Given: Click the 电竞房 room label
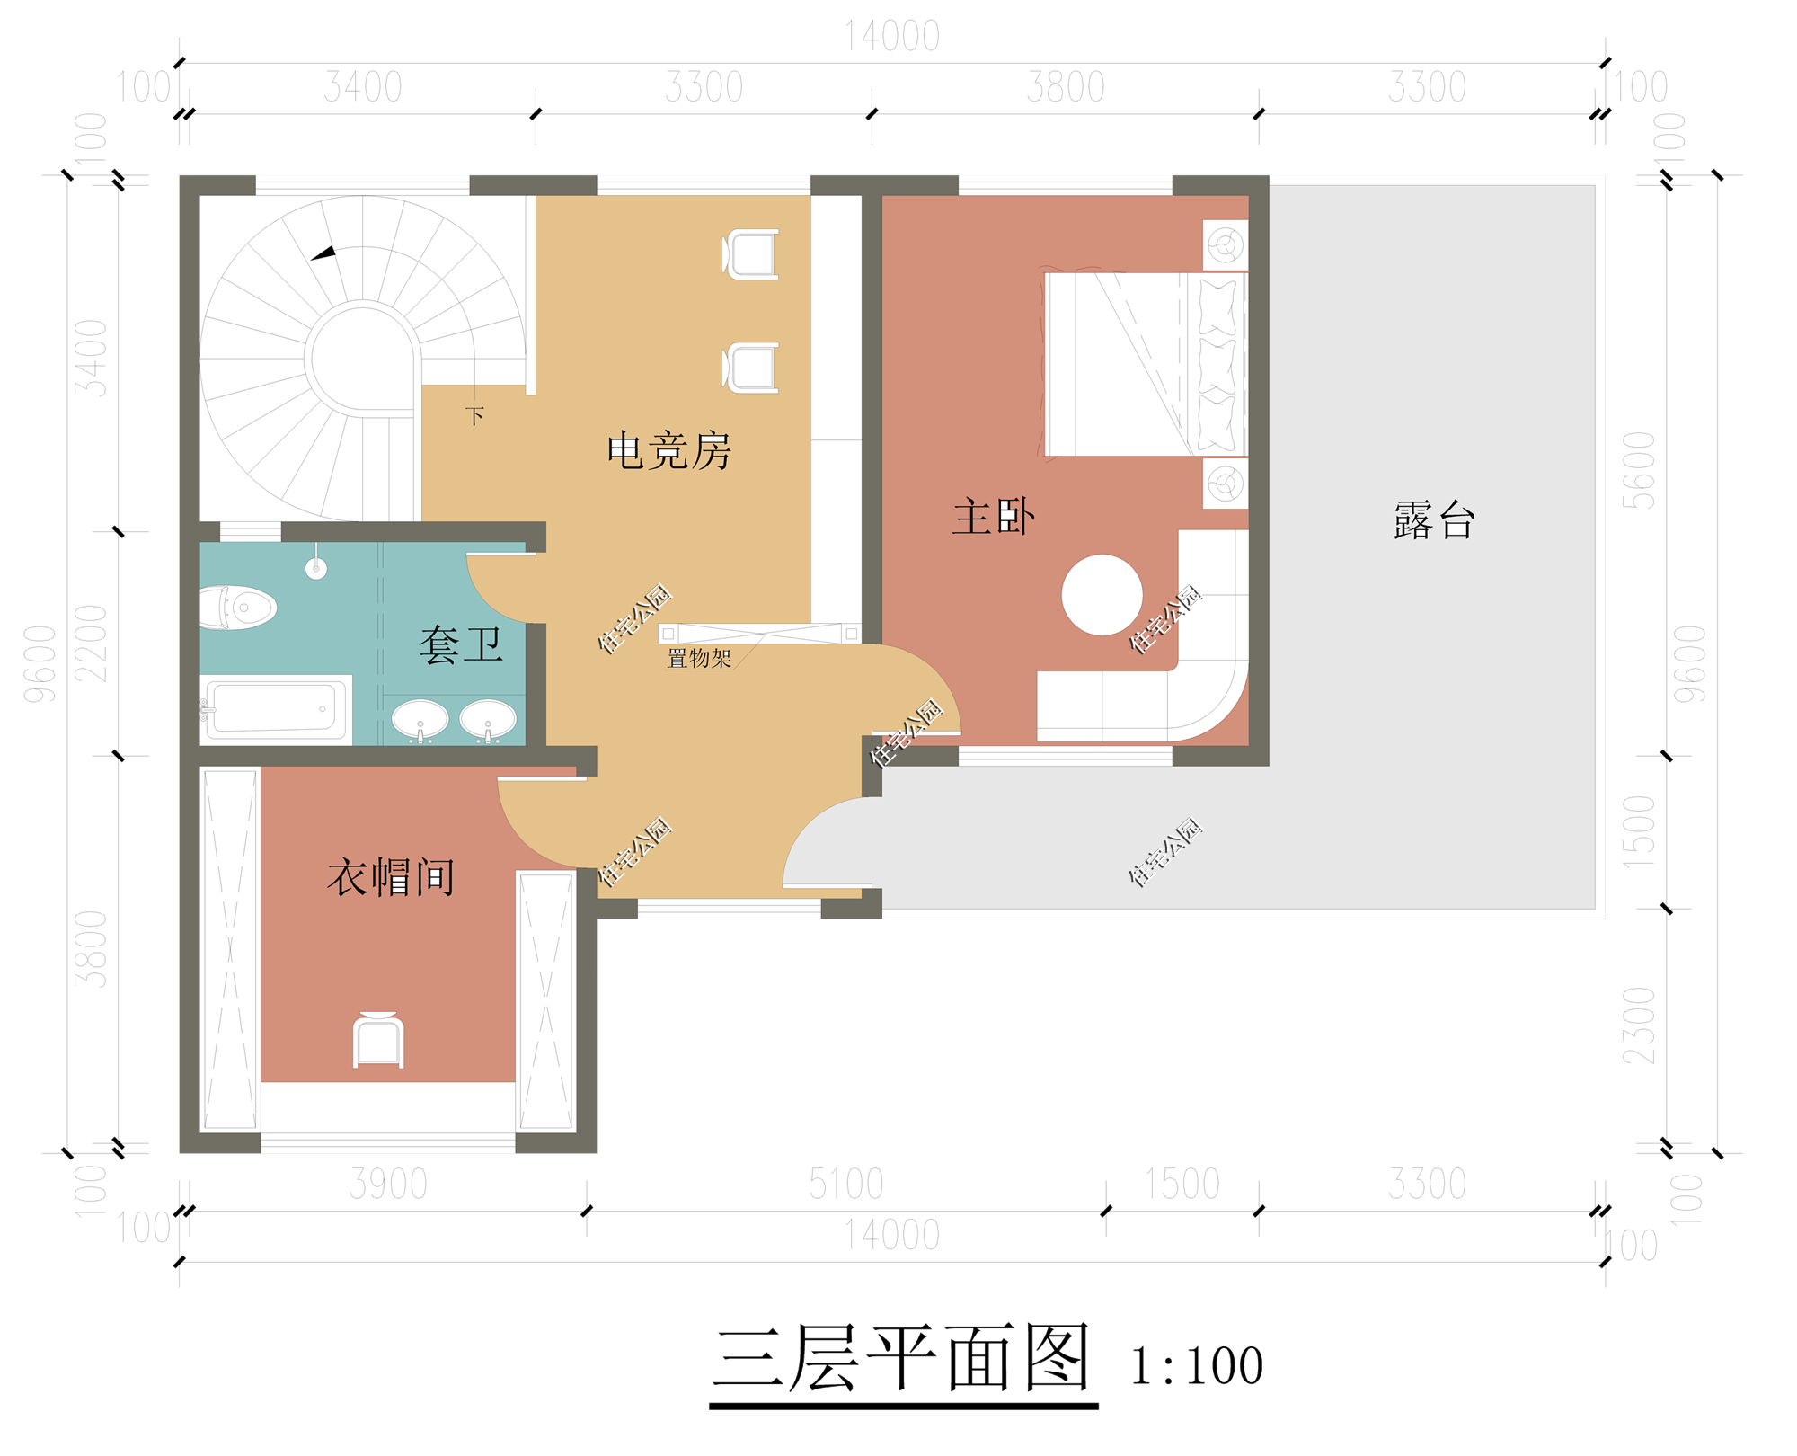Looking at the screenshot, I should coord(668,450).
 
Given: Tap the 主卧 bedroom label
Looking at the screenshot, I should coord(993,518).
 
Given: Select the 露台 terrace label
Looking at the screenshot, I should coord(1433,520).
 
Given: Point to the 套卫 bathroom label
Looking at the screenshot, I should coord(460,645).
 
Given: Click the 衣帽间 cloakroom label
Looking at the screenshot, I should coord(390,877).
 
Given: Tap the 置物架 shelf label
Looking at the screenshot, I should coord(698,659).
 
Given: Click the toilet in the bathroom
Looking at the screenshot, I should coord(238,608).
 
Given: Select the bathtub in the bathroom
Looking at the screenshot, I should coord(275,708).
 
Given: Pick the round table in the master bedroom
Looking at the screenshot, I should coord(1102,595).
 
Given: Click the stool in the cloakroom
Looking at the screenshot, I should coord(378,1041).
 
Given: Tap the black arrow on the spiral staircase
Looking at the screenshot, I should coord(323,253).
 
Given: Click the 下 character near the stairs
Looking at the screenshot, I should coord(474,416).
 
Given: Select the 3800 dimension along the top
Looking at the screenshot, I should coord(1065,87).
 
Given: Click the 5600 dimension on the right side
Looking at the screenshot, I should coord(1638,470).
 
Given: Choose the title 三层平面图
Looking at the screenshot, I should coord(902,1359).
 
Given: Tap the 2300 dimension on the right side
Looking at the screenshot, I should coord(1638,1025).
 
